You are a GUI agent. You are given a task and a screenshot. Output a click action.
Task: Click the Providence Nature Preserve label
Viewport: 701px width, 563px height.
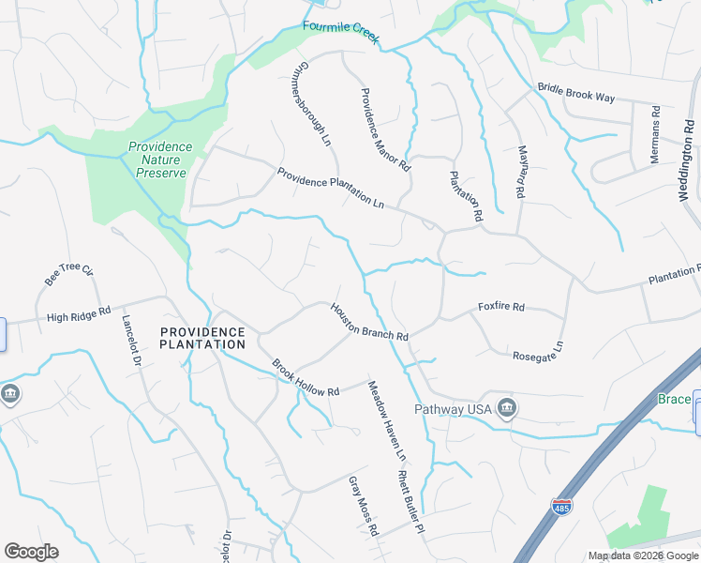(159, 160)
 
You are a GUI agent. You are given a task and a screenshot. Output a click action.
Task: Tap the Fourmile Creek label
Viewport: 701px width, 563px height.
(340, 27)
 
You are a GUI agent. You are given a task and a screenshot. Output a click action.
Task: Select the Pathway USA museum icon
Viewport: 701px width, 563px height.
(507, 409)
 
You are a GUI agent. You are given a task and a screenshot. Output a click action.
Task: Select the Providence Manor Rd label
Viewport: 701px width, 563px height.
(385, 129)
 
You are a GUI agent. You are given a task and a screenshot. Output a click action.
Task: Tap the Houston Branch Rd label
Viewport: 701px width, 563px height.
(368, 322)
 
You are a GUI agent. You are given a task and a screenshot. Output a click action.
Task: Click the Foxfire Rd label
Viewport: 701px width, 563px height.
(501, 307)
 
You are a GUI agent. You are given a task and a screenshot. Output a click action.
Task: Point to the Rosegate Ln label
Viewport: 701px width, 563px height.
(538, 351)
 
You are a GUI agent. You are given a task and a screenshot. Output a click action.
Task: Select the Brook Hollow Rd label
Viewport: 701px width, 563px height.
(305, 377)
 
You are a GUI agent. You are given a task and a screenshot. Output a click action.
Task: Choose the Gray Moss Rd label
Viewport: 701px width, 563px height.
(363, 506)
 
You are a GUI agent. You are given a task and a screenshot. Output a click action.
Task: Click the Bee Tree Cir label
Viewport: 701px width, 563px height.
(70, 276)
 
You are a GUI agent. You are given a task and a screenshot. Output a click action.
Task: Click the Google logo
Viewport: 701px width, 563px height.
(31, 551)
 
